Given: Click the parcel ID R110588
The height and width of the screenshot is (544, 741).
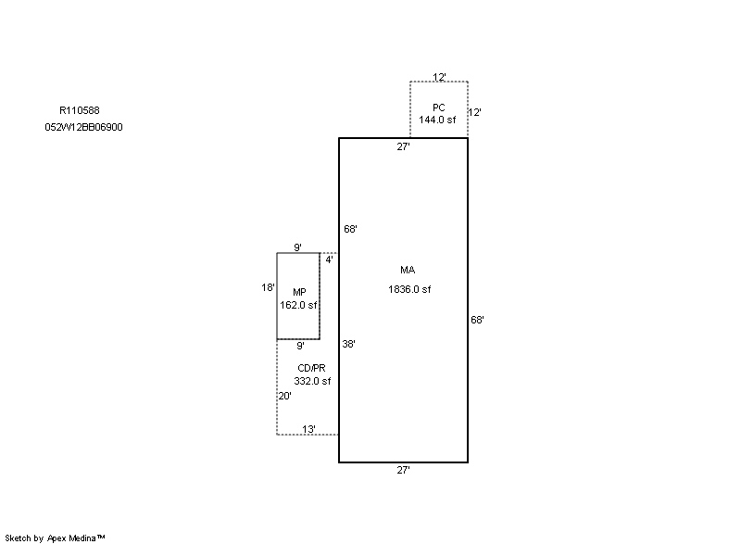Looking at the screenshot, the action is click(80, 110).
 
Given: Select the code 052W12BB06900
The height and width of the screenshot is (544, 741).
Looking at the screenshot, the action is click(83, 127).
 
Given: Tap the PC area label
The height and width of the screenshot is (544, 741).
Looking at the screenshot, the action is click(438, 108).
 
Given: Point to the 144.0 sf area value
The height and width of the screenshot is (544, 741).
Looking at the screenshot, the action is click(437, 120).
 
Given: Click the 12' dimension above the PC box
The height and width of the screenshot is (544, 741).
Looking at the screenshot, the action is click(439, 77).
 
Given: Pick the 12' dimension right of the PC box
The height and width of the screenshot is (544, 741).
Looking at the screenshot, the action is click(475, 112).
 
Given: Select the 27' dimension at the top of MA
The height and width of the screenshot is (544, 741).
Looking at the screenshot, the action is click(403, 147).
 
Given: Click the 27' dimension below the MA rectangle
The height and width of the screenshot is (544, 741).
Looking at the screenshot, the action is click(403, 470).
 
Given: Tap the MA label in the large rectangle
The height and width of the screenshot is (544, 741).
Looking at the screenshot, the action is click(408, 270).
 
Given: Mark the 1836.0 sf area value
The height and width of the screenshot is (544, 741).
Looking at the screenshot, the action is click(409, 289).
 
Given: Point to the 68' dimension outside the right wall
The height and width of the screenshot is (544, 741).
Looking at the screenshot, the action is click(477, 320).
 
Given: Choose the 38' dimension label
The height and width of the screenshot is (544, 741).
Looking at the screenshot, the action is click(349, 344).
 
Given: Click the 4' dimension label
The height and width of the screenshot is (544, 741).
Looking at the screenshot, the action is click(330, 259).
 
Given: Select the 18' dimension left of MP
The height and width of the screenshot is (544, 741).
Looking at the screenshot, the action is click(268, 287).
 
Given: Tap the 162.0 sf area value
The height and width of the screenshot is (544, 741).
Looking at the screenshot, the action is click(298, 305).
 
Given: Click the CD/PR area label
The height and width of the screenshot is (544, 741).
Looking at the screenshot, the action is click(311, 368).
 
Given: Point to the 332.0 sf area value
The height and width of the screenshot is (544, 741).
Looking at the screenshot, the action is click(312, 381).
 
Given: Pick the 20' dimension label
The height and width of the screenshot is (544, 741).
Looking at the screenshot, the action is click(285, 396).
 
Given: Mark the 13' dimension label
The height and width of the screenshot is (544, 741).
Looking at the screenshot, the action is click(308, 429).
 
